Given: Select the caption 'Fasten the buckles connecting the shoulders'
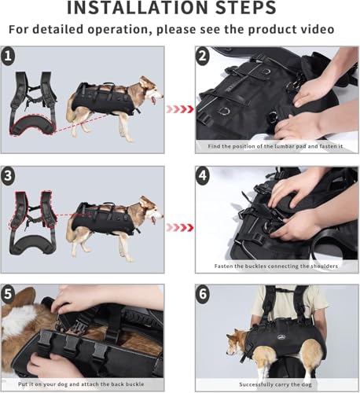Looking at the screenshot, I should tap(277, 266).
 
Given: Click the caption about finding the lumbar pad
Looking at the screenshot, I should tap(277, 147).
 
